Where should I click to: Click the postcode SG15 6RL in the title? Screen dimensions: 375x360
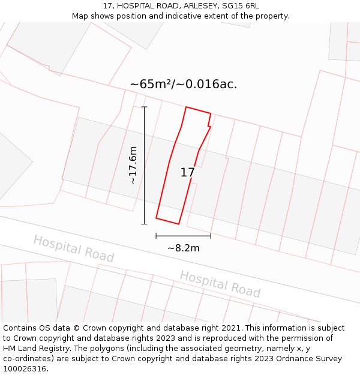[x=239, y=5]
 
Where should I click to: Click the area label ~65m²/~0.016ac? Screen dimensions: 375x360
[x=184, y=84]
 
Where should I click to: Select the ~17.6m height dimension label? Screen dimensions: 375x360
[x=133, y=165]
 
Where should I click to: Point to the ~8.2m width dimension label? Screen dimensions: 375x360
[x=183, y=248]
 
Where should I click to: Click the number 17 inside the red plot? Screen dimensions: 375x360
[x=187, y=173]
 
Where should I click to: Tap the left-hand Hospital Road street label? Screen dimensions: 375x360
[x=73, y=248]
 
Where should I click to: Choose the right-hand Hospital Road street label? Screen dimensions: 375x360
[x=220, y=284]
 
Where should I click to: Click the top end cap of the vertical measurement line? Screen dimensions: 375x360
[x=144, y=107]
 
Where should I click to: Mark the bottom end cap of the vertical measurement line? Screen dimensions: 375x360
[x=144, y=224]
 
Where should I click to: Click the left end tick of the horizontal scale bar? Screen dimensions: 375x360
[x=156, y=236]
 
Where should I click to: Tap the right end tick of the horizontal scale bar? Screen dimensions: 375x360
[x=211, y=236]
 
